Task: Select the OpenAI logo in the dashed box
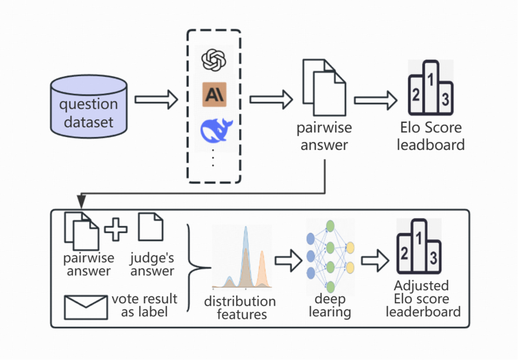[x=214, y=60]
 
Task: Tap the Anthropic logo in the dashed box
[x=214, y=95]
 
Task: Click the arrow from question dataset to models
[x=156, y=100]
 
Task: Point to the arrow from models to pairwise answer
[x=271, y=100]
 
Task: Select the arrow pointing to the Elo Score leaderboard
[x=376, y=100]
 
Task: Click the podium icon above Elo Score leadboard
[x=431, y=89]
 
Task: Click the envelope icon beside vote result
[x=85, y=307]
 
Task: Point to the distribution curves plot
[x=242, y=259]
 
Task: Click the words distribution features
[x=240, y=308]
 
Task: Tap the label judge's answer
[x=152, y=264]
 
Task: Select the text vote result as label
[x=144, y=305]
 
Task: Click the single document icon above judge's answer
[x=151, y=228]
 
